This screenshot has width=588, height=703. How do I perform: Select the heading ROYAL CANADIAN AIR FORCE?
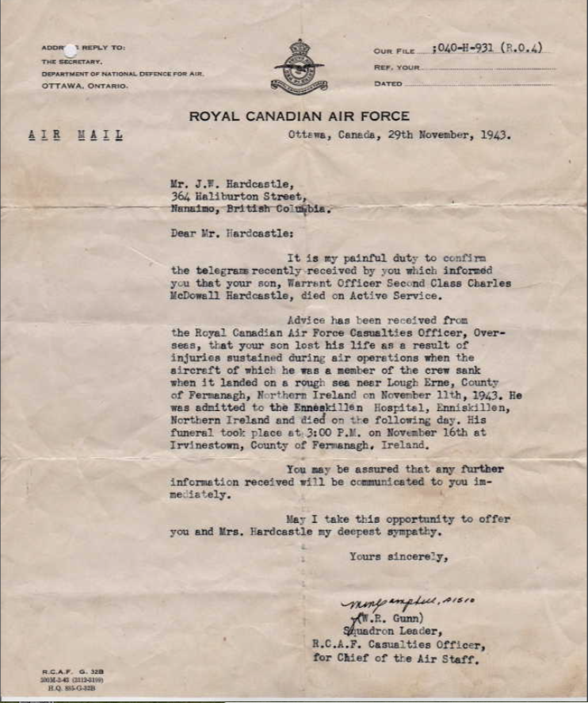click(x=299, y=116)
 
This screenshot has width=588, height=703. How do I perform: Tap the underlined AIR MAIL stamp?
click(x=76, y=135)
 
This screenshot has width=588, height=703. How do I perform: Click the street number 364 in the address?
click(x=180, y=196)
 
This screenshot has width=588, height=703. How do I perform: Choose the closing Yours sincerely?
click(x=397, y=557)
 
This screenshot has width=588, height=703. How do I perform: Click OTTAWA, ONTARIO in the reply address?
click(x=85, y=86)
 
